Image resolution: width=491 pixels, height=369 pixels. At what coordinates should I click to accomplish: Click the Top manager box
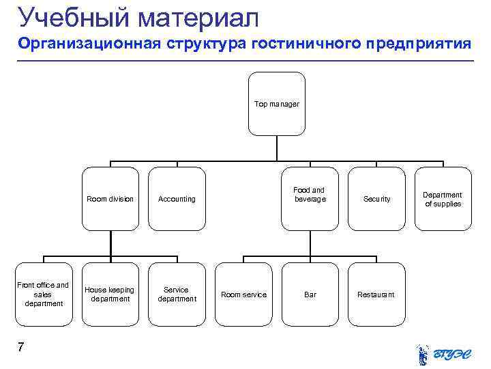tap(276, 105)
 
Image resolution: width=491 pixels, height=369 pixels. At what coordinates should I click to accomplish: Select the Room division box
tap(110, 199)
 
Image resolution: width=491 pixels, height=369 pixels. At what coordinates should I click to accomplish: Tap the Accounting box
tap(177, 199)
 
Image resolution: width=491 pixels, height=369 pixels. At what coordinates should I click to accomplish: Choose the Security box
tap(376, 199)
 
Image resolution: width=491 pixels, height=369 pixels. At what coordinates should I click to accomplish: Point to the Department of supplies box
tap(443, 199)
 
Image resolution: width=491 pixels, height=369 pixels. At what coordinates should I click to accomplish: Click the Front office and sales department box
tap(43, 294)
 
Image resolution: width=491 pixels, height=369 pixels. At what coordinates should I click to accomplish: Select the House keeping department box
tap(110, 294)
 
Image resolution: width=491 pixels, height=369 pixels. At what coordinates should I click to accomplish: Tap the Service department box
tap(177, 294)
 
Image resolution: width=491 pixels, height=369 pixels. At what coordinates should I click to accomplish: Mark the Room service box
tap(243, 294)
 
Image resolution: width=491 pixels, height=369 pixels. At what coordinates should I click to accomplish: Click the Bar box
tap(310, 294)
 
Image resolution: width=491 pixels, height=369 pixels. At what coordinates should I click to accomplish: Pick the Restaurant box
tap(376, 294)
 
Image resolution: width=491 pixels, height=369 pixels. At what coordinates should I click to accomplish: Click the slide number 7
tap(21, 348)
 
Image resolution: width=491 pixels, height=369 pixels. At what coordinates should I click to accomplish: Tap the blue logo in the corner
tap(443, 353)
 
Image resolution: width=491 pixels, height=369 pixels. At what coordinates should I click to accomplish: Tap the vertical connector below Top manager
tap(276, 148)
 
